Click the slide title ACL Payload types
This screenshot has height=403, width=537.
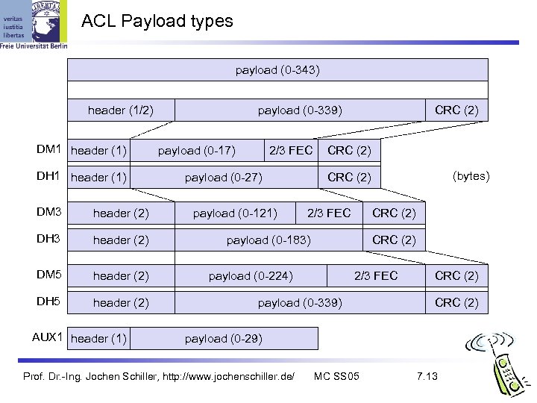coord(157,21)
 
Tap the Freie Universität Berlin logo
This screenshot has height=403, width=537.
coord(34,25)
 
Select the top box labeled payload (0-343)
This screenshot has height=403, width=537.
coord(277,70)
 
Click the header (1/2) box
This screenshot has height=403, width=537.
coord(121,110)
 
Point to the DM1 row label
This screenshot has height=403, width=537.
coord(49,150)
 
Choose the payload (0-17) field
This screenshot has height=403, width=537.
coord(197,151)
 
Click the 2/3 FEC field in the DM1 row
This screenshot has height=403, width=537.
coord(291,151)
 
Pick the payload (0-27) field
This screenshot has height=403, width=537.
coord(224,177)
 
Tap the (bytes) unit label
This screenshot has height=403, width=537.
coord(471,176)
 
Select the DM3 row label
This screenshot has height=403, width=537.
coord(49,213)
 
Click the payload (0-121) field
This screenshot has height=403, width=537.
coord(235,213)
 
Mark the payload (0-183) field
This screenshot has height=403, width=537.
coord(268,240)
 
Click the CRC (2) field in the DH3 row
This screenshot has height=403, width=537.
coord(395,240)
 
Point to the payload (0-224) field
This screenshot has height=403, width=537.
coord(251,276)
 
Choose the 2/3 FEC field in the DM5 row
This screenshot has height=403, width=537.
coord(376,276)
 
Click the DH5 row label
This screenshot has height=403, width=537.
coord(49,302)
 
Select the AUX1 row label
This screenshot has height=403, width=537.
coord(46,337)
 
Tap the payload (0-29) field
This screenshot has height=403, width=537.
coord(224,338)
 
